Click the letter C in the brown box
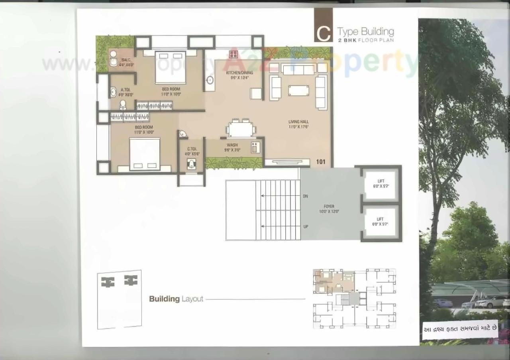pos(323,34)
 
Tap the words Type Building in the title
pos(365,31)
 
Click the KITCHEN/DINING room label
pos(239,75)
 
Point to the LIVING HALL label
pos(298,124)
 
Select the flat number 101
pos(321,162)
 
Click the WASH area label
pos(232,147)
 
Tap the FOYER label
pos(329,209)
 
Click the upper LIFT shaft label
pos(380,183)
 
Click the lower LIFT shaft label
pos(380,221)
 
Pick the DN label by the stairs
pos(305,196)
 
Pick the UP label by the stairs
pos(305,226)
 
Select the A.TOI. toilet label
pos(126,92)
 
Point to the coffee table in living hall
pos(298,90)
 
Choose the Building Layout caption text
pos(176,299)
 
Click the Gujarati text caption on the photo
pos(459,329)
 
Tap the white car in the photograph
pos(490,302)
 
